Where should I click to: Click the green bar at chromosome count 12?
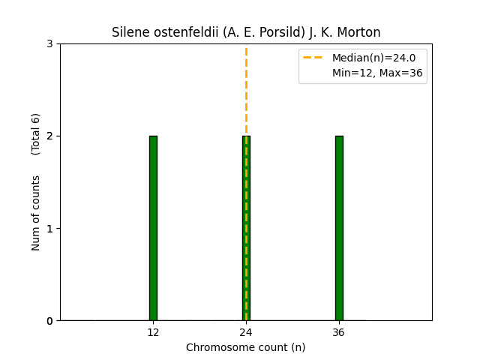[x=153, y=228]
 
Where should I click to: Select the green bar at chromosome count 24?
[x=246, y=228]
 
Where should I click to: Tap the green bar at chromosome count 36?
[x=339, y=228]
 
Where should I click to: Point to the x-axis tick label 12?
[x=153, y=332]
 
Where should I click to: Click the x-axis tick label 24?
[x=246, y=332]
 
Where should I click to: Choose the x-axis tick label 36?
[x=339, y=332]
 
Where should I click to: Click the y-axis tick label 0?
[x=50, y=321]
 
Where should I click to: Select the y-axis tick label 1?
[x=50, y=229]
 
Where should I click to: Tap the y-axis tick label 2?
[x=50, y=136]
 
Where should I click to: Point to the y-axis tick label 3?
[x=50, y=44]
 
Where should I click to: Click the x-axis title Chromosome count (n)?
[x=246, y=347]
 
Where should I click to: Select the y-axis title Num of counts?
[x=36, y=213]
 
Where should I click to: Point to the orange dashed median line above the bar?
[x=246, y=90]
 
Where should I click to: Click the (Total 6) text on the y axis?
[x=36, y=133]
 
